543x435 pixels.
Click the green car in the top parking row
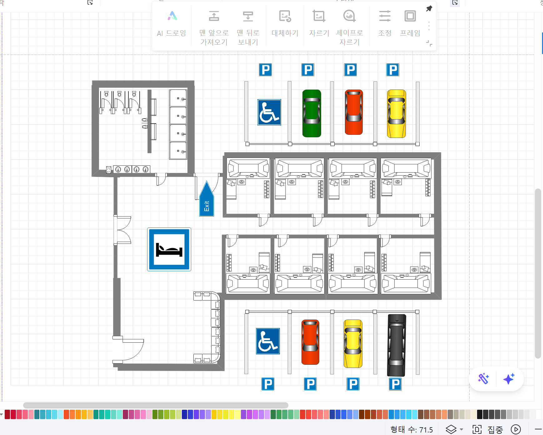[311, 113]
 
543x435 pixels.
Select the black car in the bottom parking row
[396, 345]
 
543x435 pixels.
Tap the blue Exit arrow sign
[207, 199]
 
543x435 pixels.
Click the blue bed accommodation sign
[169, 249]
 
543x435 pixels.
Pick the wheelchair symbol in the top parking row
[269, 112]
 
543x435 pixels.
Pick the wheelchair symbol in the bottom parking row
[268, 341]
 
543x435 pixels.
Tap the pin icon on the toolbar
[429, 9]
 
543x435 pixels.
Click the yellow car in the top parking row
[396, 114]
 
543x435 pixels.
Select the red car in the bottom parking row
[310, 342]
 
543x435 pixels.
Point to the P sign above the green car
[308, 70]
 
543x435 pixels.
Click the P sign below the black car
[395, 384]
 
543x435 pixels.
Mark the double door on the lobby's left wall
[122, 230]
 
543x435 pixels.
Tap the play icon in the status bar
[516, 429]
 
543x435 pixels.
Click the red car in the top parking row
[354, 112]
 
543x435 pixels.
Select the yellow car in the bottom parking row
[353, 344]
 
